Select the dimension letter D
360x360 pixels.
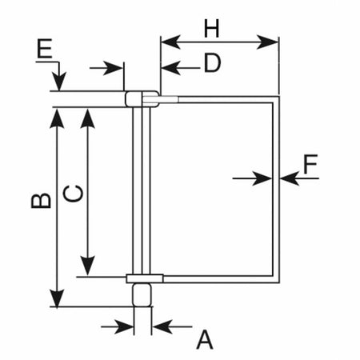click(x=211, y=64)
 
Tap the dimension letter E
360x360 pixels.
click(x=46, y=52)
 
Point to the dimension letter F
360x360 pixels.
click(x=310, y=166)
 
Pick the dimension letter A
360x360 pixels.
click(x=205, y=340)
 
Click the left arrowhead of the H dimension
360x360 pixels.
click(x=167, y=41)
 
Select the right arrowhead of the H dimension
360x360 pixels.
click(x=271, y=41)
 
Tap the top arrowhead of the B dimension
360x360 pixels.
click(x=56, y=115)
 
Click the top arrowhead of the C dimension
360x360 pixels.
click(x=89, y=115)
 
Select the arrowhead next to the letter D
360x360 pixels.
click(x=169, y=68)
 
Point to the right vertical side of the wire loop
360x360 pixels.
click(x=278, y=188)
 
